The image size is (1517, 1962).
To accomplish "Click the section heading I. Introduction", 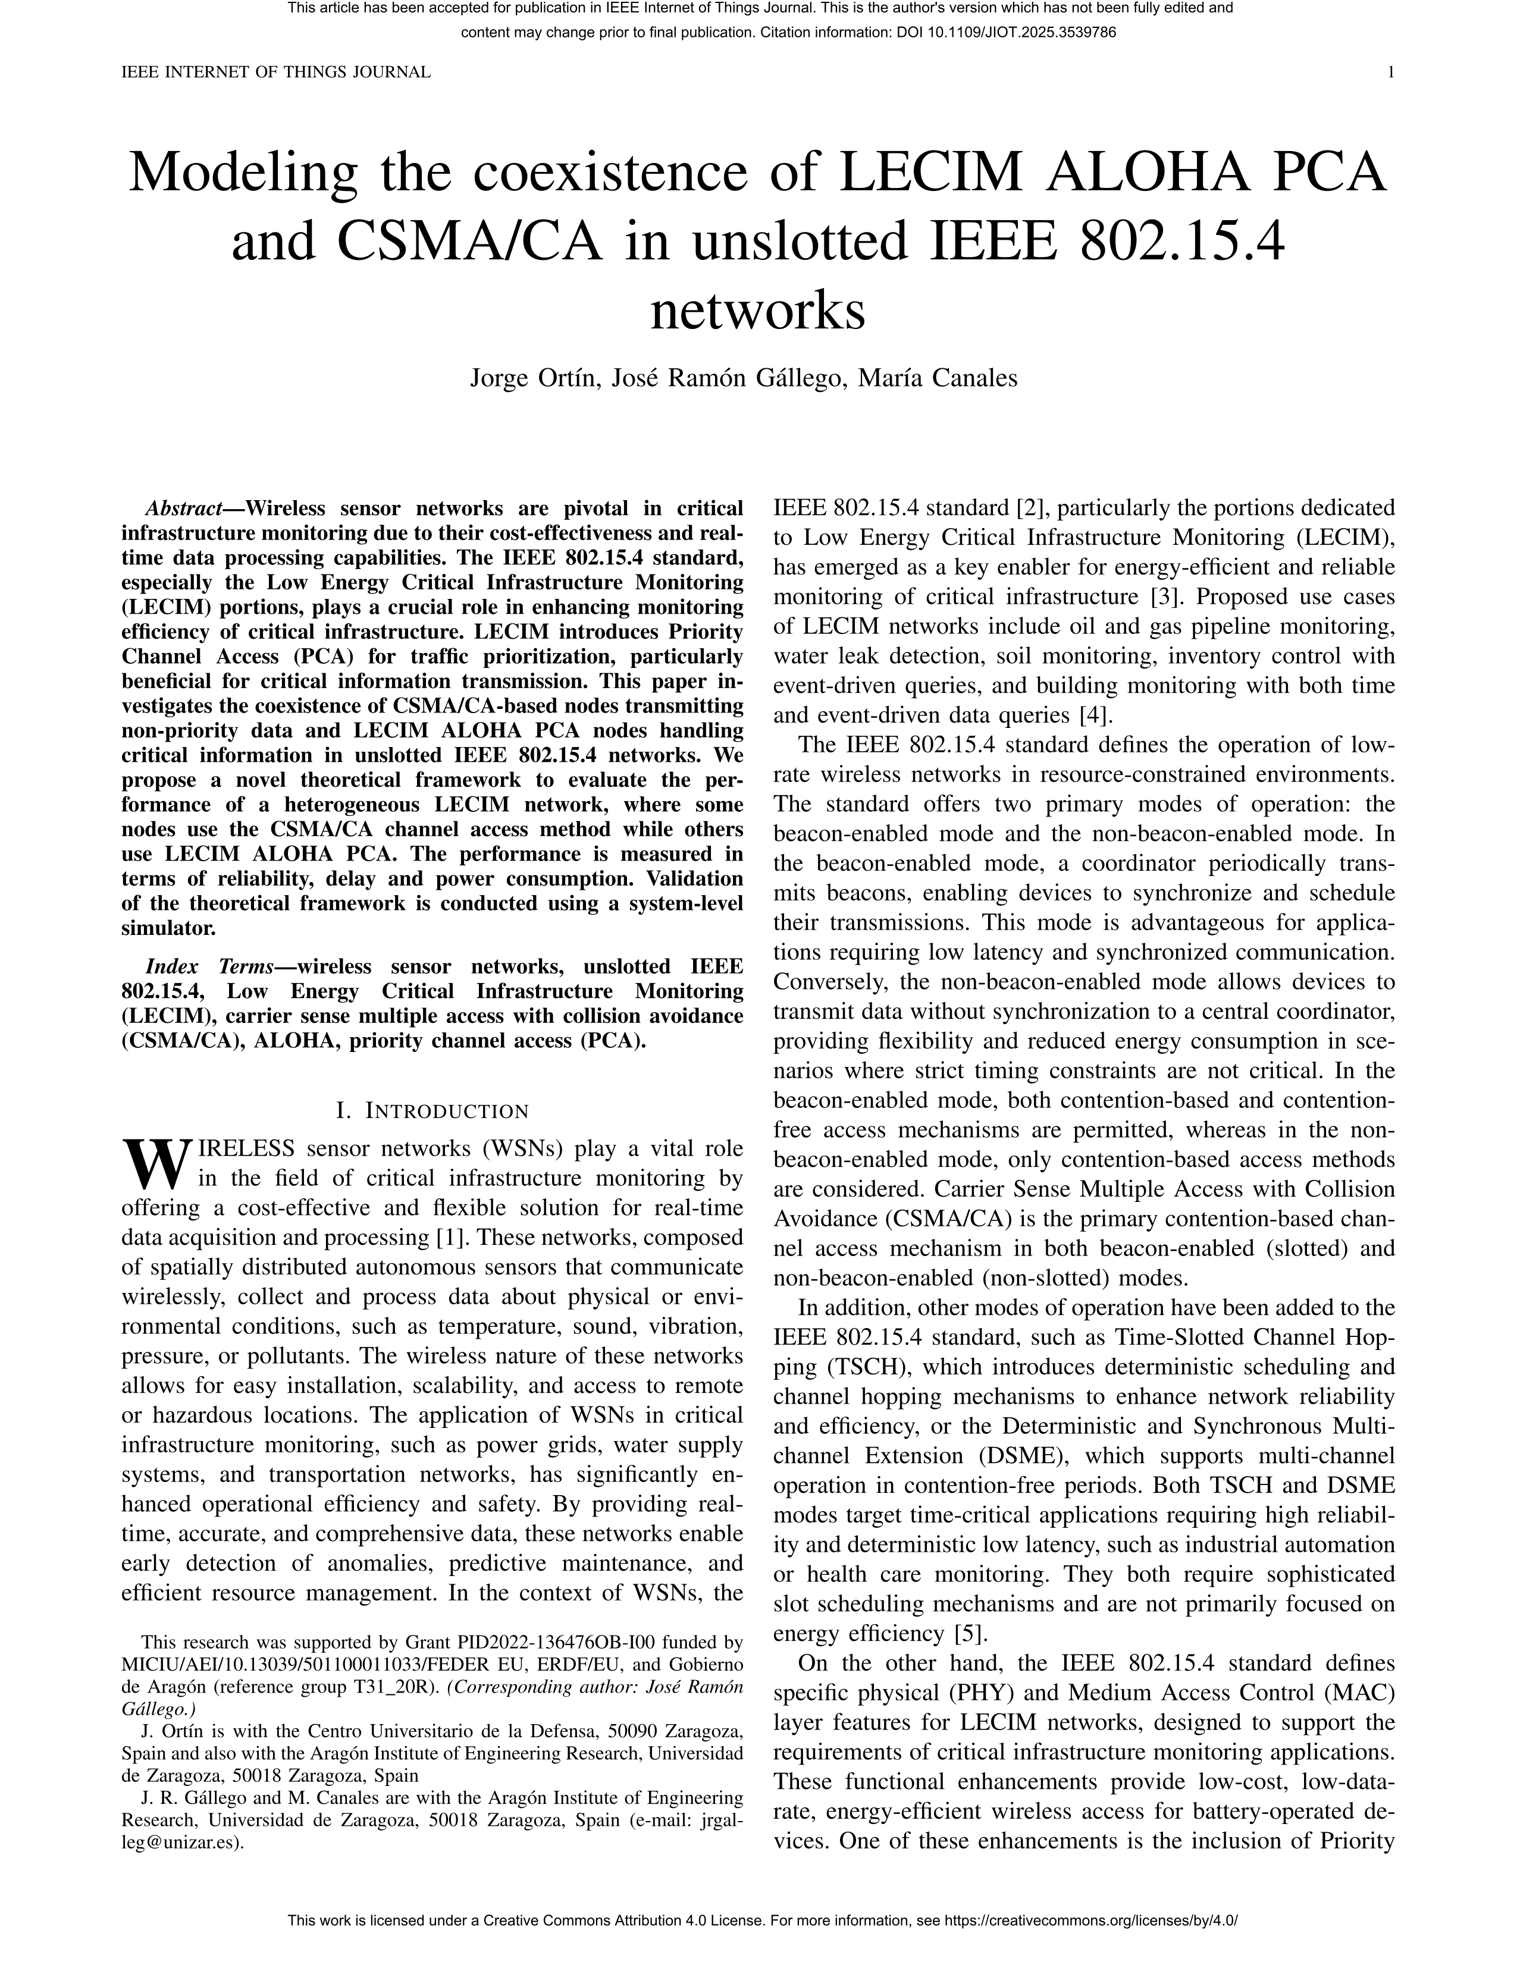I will pos(432,1112).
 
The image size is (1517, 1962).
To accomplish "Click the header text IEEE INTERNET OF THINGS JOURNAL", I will pos(276,73).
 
